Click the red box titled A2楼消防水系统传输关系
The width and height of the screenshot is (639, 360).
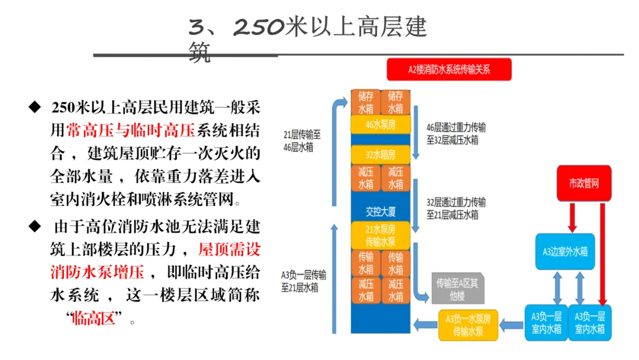point(448,69)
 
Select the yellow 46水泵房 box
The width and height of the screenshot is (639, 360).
point(380,124)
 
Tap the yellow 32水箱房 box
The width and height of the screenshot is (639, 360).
point(380,155)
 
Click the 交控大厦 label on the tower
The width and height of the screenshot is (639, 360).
point(380,211)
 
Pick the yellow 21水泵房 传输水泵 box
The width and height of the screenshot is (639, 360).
point(380,235)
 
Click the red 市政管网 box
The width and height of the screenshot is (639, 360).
point(584,183)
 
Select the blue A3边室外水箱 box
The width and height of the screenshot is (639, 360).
point(565,252)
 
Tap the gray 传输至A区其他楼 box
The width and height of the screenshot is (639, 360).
point(457,288)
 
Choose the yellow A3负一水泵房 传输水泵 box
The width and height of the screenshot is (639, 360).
point(468,325)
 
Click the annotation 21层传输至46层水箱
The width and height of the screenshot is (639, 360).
point(302,141)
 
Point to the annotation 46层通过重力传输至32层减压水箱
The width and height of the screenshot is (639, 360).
point(456,134)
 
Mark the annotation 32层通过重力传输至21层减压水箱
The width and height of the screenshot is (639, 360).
point(456,208)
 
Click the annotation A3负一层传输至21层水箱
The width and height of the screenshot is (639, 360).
point(304,281)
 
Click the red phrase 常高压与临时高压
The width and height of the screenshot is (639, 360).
point(130,130)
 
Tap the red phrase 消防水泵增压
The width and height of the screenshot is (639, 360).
point(98,272)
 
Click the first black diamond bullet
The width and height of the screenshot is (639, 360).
point(35,107)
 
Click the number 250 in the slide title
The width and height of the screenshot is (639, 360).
point(259,27)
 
